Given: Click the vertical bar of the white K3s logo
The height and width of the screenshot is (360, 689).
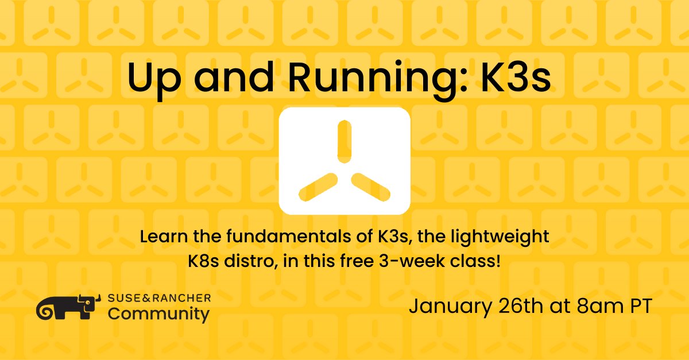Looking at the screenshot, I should pyautogui.click(x=344, y=141).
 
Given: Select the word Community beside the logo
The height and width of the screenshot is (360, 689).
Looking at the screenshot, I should pyautogui.click(x=158, y=315).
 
